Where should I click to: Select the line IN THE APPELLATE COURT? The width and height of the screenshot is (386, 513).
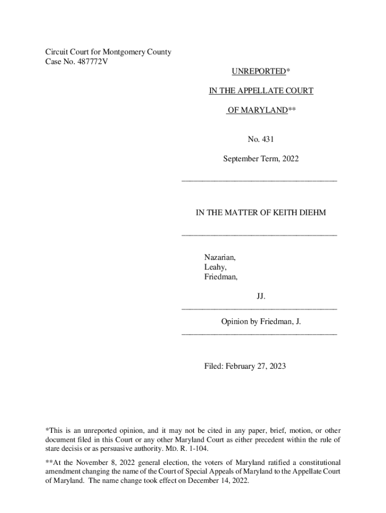[261, 91]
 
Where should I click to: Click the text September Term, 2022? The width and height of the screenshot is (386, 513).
[261, 159]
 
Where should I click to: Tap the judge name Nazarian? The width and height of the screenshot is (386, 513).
[220, 257]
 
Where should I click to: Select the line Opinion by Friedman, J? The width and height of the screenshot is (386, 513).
[261, 321]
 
